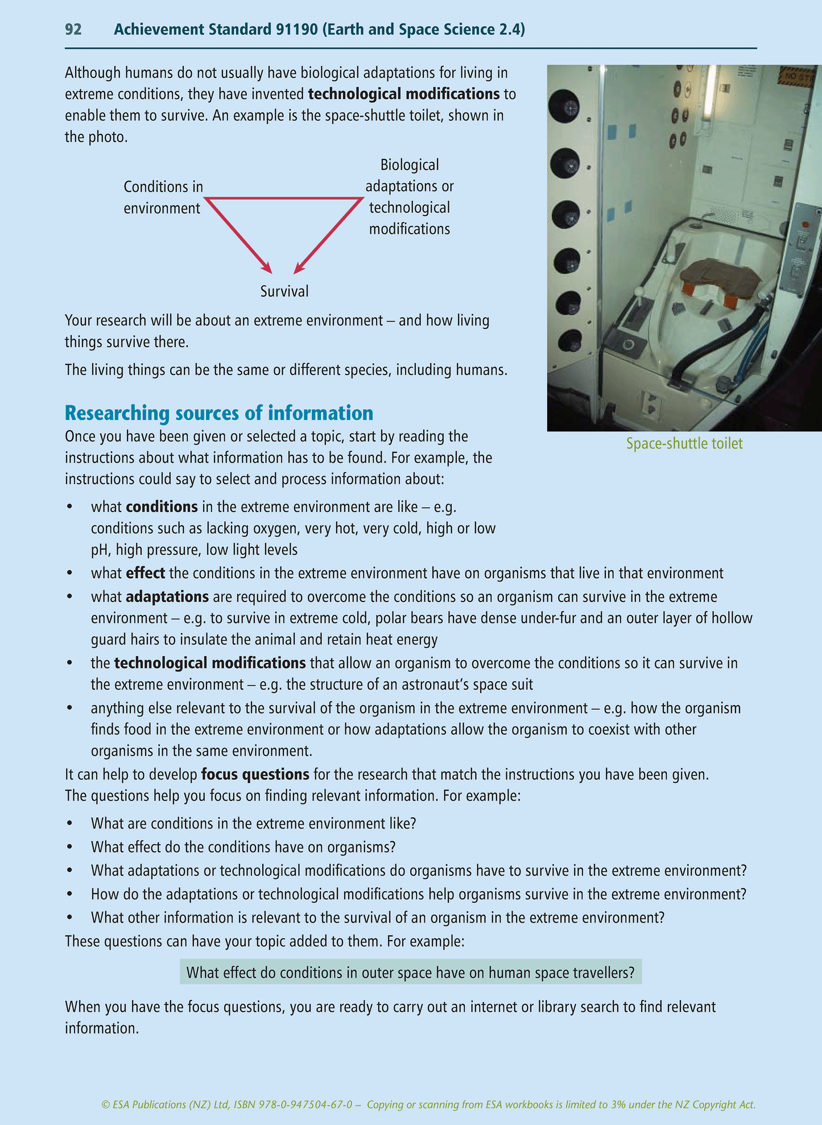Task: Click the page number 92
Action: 73,30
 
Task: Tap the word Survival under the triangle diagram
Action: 284,291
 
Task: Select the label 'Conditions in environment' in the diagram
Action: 163,197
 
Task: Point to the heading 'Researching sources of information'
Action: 219,413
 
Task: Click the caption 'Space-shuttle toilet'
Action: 684,443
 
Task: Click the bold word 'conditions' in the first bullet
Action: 162,506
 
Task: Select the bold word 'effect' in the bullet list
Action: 146,573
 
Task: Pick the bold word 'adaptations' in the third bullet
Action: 167,597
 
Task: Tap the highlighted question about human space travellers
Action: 410,972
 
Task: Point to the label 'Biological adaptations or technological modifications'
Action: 410,197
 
